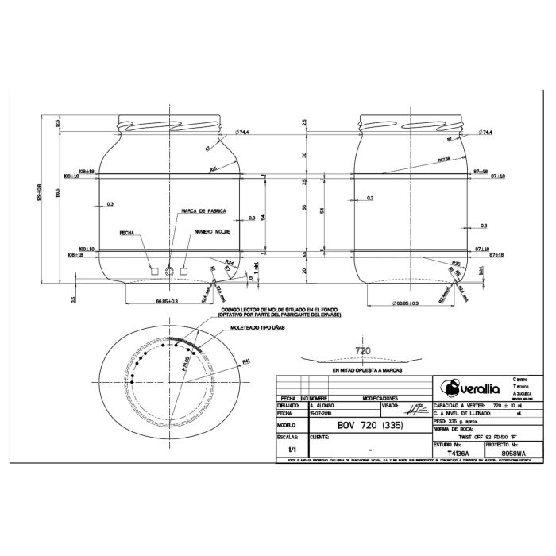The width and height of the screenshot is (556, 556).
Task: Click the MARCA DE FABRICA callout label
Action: point(204,211)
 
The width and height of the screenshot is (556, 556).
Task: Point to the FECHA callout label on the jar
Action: point(126,234)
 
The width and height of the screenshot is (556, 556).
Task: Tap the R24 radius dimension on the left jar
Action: point(229,261)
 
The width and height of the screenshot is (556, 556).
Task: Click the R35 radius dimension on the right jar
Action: point(456,262)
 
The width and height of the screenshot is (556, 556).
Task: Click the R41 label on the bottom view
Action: point(246,361)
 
